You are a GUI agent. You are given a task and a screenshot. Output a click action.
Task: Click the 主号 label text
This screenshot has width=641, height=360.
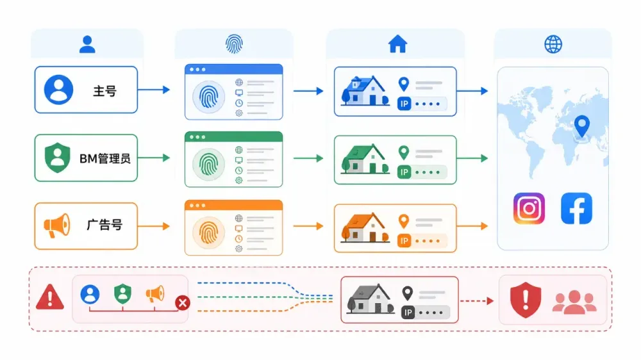(104, 91)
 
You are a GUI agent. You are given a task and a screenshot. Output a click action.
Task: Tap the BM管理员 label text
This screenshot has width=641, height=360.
(104, 159)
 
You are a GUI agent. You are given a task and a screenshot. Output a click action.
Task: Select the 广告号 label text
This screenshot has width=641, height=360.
(104, 225)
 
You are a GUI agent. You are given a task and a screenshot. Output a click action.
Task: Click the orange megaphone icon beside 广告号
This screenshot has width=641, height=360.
(57, 225)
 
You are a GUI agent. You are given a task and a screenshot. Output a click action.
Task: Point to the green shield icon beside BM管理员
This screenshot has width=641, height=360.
(57, 158)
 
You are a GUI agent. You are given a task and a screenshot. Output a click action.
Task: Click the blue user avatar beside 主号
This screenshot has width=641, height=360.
(58, 90)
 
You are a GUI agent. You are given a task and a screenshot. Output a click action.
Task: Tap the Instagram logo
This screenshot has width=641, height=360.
(529, 208)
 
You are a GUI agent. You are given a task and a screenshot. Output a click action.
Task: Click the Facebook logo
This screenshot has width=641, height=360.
(576, 208)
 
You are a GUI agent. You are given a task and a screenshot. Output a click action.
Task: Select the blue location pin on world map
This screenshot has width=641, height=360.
(582, 126)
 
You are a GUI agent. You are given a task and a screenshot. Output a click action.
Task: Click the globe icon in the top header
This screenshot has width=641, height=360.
(553, 44)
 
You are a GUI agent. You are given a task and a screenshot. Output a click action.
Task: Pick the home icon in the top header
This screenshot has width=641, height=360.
(397, 44)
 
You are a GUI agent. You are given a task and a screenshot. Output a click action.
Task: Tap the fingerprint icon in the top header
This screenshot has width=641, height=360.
(234, 44)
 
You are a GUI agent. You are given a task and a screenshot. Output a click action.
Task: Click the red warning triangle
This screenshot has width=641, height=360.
(50, 297)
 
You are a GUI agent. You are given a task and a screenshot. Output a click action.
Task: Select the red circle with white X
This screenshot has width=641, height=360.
(182, 303)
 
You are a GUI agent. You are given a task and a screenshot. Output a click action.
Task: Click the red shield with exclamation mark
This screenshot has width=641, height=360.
(526, 300)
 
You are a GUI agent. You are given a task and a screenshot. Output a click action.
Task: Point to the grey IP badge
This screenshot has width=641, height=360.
(408, 313)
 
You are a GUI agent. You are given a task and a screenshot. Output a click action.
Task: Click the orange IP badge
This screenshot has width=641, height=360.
(404, 241)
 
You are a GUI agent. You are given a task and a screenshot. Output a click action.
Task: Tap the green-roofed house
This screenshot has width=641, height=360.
(365, 159)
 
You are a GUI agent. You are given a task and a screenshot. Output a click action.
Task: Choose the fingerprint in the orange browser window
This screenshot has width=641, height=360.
(208, 233)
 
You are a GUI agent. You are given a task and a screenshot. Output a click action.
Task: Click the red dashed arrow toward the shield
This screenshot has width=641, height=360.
(477, 301)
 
